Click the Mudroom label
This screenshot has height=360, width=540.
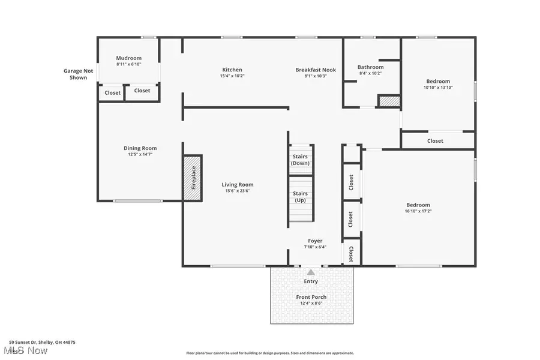(129, 58)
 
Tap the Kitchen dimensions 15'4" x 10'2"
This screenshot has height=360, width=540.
(233, 76)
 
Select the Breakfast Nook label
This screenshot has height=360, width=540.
(316, 70)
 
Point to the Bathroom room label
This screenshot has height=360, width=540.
(370, 67)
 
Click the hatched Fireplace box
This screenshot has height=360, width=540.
(193, 178)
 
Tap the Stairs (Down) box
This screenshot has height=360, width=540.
(300, 160)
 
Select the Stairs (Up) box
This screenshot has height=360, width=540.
(300, 197)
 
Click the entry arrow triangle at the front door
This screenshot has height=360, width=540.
(311, 272)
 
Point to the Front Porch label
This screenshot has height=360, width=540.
(311, 297)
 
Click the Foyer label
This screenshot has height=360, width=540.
(315, 241)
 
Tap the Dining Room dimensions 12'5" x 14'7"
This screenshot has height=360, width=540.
(140, 154)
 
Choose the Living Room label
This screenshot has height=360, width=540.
(238, 185)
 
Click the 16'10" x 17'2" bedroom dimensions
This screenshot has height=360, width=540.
(418, 211)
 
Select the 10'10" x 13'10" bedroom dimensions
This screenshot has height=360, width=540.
(438, 88)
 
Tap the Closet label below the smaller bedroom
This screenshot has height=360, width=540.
(435, 141)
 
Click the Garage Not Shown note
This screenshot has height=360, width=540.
(79, 74)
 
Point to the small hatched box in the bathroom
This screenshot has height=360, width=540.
(388, 101)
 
